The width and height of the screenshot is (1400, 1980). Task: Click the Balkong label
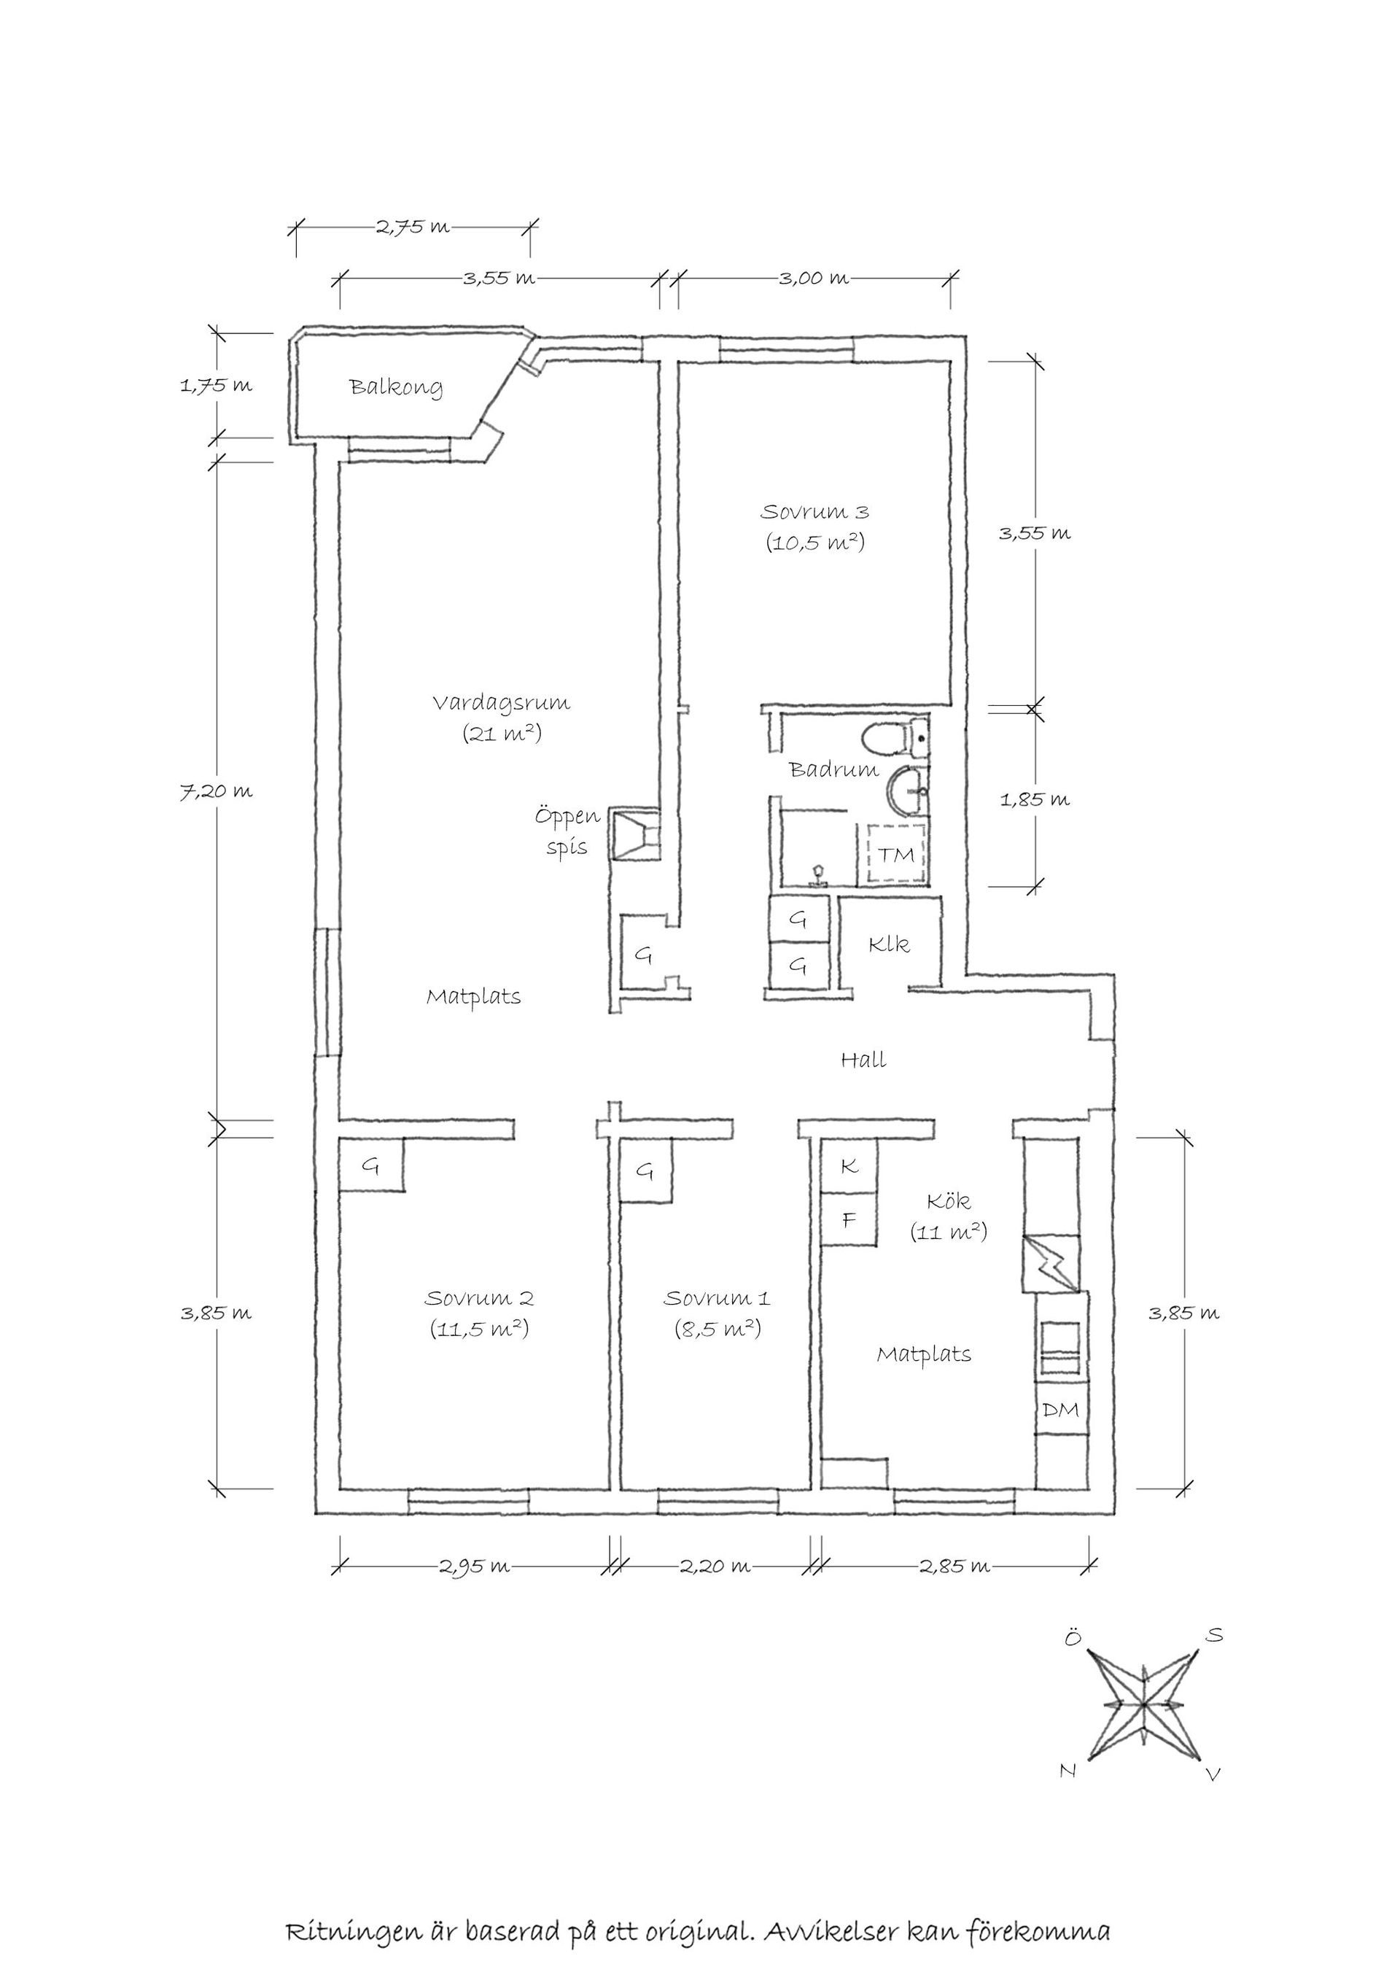point(396,387)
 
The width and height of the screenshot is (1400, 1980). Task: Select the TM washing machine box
point(895,854)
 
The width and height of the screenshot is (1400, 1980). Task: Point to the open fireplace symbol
point(635,834)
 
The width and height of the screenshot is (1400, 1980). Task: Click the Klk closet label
point(889,944)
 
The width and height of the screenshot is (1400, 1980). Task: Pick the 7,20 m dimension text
point(217,791)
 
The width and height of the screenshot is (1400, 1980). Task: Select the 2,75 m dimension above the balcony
point(412,227)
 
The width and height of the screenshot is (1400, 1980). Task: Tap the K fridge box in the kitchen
point(849,1166)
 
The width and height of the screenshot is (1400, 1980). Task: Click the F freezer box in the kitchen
point(849,1220)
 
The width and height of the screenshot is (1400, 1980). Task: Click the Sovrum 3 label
point(814,512)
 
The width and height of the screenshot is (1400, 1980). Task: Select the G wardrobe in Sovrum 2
point(370,1166)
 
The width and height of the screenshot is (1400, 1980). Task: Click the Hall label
point(863,1060)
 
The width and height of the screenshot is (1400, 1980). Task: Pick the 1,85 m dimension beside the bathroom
point(1035,799)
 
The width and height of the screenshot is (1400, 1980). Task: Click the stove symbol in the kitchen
point(1060,1351)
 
